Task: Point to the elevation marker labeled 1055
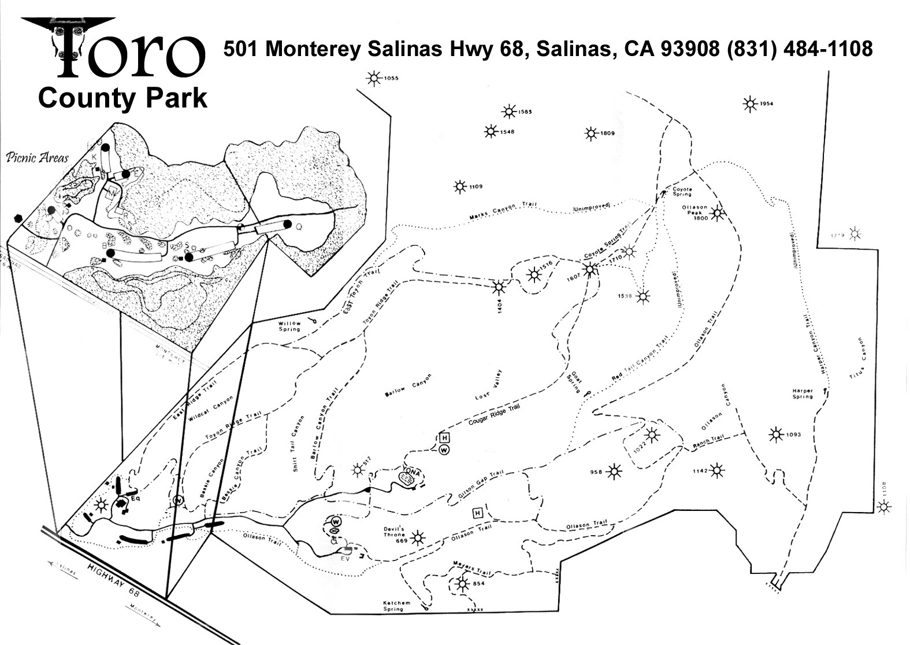374,79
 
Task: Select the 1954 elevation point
750,104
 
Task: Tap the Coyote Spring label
682,191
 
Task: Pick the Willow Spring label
289,326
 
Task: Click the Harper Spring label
803,394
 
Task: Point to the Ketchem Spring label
398,605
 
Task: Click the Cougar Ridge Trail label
493,415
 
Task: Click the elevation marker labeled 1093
775,434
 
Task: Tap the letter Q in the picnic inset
299,227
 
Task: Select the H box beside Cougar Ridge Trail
444,438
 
